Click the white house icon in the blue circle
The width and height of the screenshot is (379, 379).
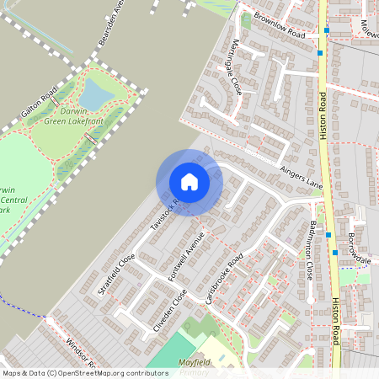[189, 182]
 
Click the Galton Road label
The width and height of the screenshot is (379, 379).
[40, 102]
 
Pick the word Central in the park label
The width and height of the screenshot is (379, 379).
[15, 200]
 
